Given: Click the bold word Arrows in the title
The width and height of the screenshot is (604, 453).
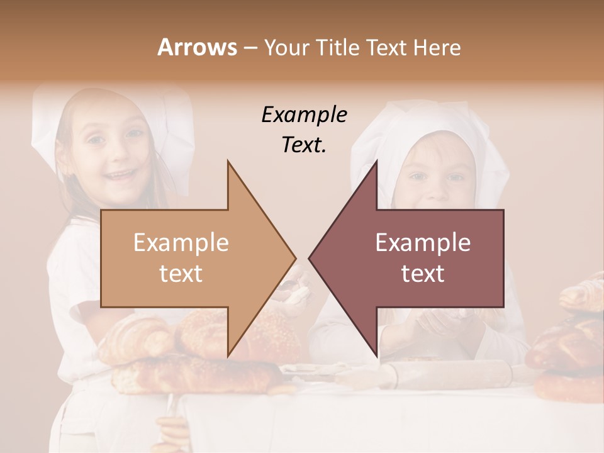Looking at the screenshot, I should (197, 47).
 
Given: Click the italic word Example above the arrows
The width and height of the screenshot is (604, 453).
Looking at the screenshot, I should (304, 115).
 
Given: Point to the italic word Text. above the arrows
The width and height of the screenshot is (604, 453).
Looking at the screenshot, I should (304, 145).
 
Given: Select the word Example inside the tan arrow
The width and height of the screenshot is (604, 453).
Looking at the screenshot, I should (181, 243).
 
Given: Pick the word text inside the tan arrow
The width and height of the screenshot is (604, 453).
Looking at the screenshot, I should (181, 274).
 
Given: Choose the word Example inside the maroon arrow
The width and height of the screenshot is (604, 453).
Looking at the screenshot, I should (423, 243).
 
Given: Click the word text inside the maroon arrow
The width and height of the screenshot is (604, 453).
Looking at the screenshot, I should (423, 274).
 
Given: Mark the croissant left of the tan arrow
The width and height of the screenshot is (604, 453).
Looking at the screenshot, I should (135, 340).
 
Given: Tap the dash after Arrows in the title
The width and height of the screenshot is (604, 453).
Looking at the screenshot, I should (249, 47).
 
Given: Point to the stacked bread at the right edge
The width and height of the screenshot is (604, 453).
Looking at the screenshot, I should (569, 340).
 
